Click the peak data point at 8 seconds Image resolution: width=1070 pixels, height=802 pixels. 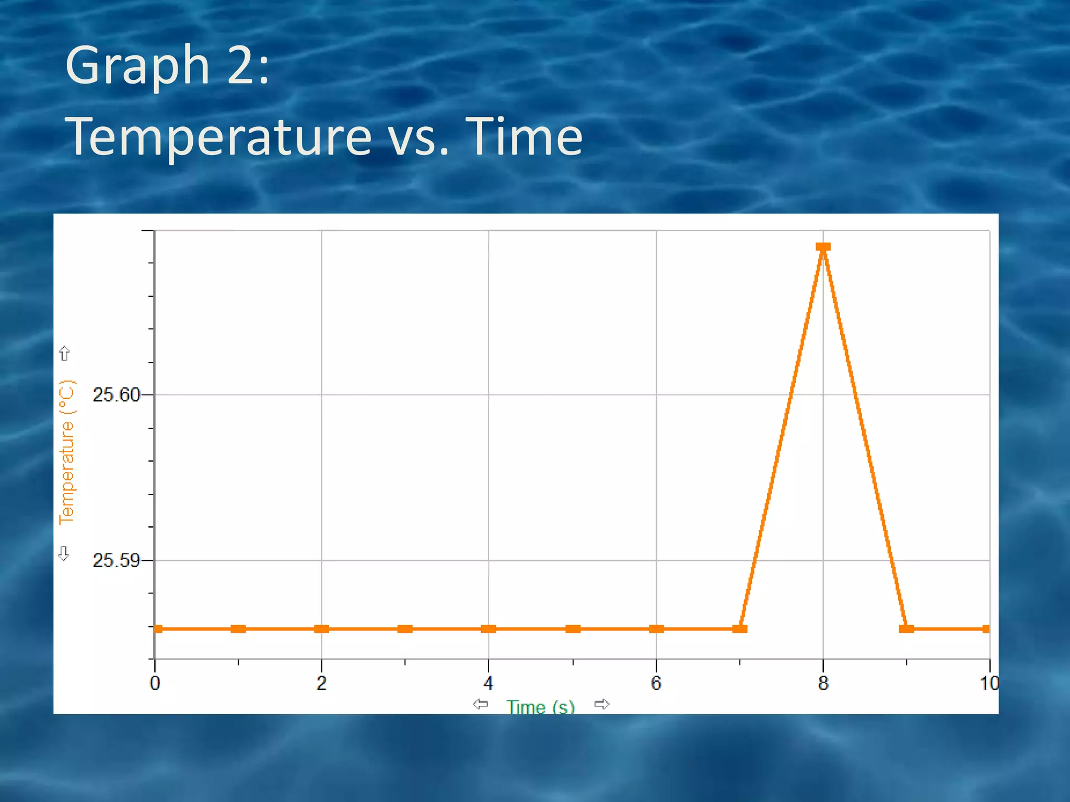pos(823,247)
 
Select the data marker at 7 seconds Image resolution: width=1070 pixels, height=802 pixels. pos(740,629)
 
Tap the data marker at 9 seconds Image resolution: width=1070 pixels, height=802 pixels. pos(906,629)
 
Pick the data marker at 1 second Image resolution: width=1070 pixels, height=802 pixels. pos(238,629)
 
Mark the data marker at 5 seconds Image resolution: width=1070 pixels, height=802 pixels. pos(573,629)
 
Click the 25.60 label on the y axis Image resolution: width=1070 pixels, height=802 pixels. pos(116,395)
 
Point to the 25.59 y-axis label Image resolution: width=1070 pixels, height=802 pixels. pos(116,561)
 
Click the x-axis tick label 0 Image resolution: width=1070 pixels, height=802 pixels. pos(155,683)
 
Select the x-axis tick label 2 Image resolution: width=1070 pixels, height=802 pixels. pos(321,683)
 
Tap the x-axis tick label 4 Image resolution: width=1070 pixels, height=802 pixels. pos(488,683)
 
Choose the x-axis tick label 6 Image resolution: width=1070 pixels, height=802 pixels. pos(656,683)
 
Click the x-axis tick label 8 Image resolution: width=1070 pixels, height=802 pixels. pos(823,683)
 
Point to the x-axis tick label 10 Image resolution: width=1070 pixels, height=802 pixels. pos(989,683)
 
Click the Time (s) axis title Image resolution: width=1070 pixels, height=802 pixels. pos(540,707)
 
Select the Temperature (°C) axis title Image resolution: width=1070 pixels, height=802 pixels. pos(67,452)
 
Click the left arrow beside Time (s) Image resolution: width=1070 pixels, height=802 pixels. pos(480,704)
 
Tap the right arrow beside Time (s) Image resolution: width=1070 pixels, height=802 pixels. pos(602,704)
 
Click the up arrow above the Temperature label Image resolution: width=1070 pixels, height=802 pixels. pos(64,353)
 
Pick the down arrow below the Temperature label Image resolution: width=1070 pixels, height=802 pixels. pos(64,553)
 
